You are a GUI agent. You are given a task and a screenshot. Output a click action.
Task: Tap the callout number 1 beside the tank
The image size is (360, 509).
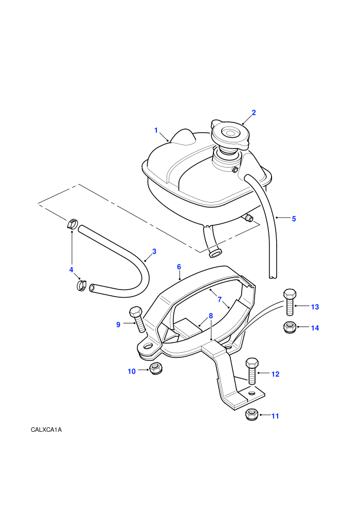point(156,130)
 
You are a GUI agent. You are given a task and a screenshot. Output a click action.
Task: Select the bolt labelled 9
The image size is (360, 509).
point(138,319)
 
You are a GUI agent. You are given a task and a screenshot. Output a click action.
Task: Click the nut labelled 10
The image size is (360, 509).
point(156,369)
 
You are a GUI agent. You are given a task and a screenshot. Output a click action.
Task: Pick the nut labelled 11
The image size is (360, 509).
point(251,414)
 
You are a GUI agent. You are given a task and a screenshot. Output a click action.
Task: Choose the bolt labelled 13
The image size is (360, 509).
point(289,302)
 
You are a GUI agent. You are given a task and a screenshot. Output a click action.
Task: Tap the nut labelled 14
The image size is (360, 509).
point(290,327)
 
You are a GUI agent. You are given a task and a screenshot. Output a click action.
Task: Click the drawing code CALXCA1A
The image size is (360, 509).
point(46,430)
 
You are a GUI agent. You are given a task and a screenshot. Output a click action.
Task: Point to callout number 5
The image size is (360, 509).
point(294,219)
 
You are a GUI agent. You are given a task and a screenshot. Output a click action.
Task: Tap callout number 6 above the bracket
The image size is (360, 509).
point(179,267)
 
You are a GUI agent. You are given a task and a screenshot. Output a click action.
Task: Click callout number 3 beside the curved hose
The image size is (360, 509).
point(154,251)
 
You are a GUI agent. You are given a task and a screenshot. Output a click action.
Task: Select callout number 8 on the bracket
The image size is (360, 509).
point(211,316)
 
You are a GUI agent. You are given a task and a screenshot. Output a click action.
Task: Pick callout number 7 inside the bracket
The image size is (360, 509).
point(220,299)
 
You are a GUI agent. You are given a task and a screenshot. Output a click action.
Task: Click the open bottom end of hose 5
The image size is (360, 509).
point(273,277)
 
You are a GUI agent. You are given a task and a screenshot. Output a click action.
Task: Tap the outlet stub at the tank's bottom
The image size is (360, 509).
point(214,252)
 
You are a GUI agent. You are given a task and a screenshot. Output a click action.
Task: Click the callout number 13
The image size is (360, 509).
point(315,307)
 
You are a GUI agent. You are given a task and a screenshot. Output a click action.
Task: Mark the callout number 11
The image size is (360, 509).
point(275,416)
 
